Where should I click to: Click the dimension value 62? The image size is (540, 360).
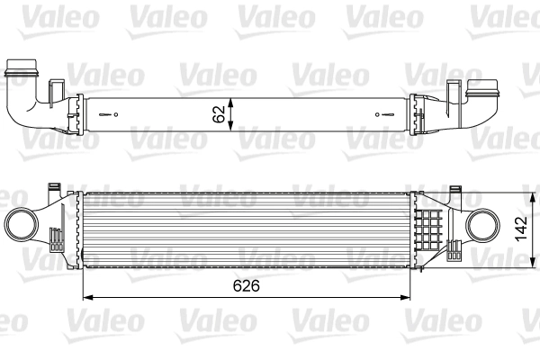tap(217, 113)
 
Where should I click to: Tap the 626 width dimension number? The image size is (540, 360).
tap(245, 287)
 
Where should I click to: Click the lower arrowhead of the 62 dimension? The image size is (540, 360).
tap(232, 129)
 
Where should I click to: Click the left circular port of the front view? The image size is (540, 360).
tap(22, 222)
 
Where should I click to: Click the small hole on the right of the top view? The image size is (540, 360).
tap(386, 114)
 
